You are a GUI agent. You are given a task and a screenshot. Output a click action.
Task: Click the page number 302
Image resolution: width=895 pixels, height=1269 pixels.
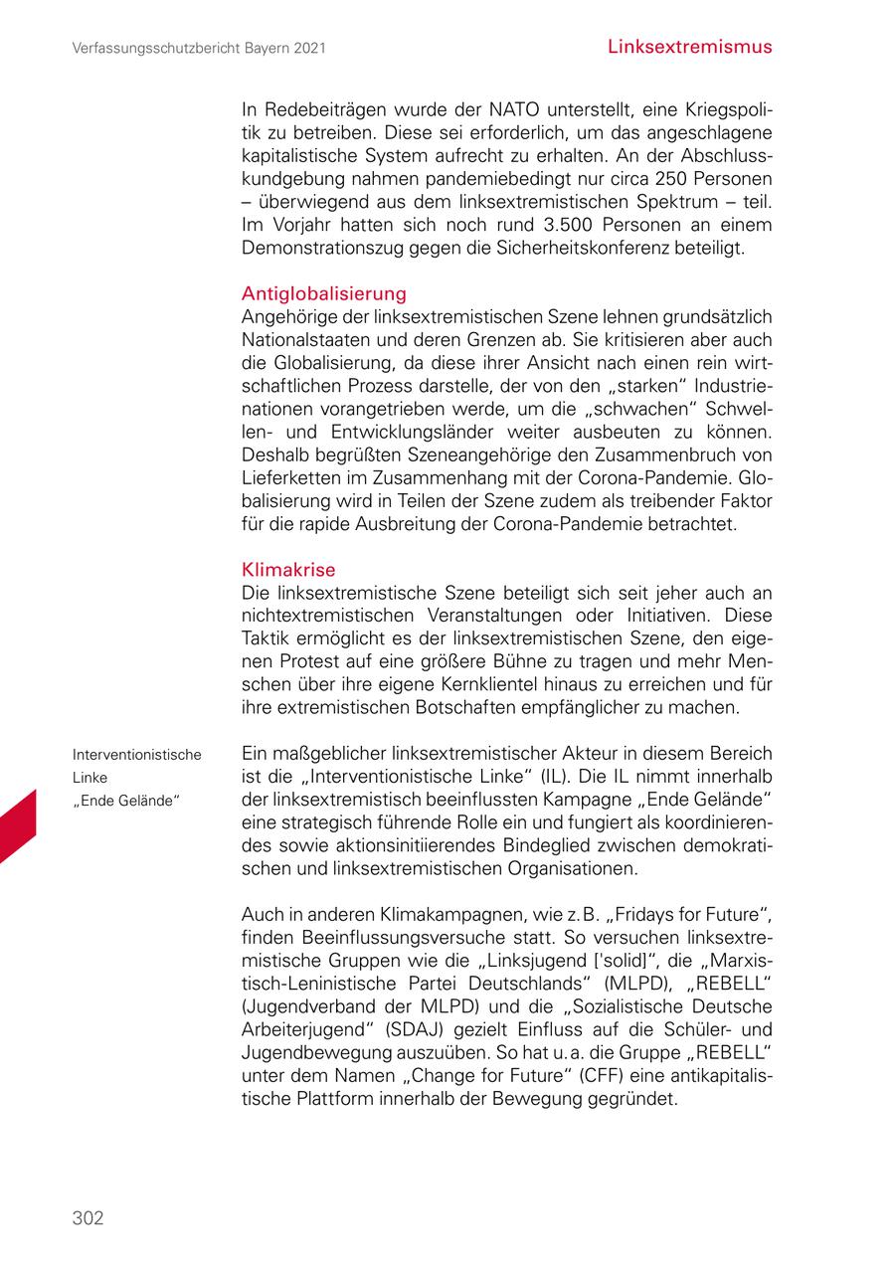point(88,1217)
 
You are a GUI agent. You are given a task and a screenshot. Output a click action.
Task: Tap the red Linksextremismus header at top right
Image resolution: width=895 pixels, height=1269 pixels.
point(689,47)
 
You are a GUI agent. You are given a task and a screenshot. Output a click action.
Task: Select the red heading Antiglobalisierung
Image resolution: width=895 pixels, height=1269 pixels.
point(324,293)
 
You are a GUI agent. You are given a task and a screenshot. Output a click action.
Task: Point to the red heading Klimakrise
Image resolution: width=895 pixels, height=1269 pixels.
point(288,570)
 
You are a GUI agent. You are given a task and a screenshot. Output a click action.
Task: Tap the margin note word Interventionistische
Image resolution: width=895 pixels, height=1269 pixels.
point(136,755)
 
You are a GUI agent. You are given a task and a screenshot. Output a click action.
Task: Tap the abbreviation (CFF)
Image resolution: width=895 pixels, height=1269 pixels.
point(607,1077)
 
